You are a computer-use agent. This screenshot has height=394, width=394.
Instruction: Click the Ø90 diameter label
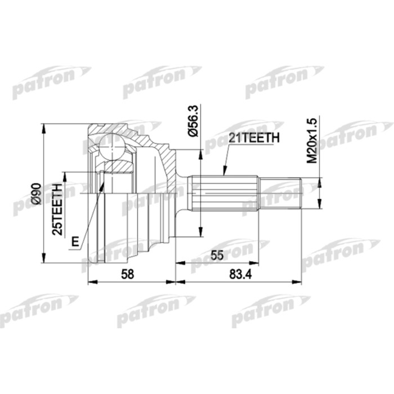(x=35, y=193)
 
